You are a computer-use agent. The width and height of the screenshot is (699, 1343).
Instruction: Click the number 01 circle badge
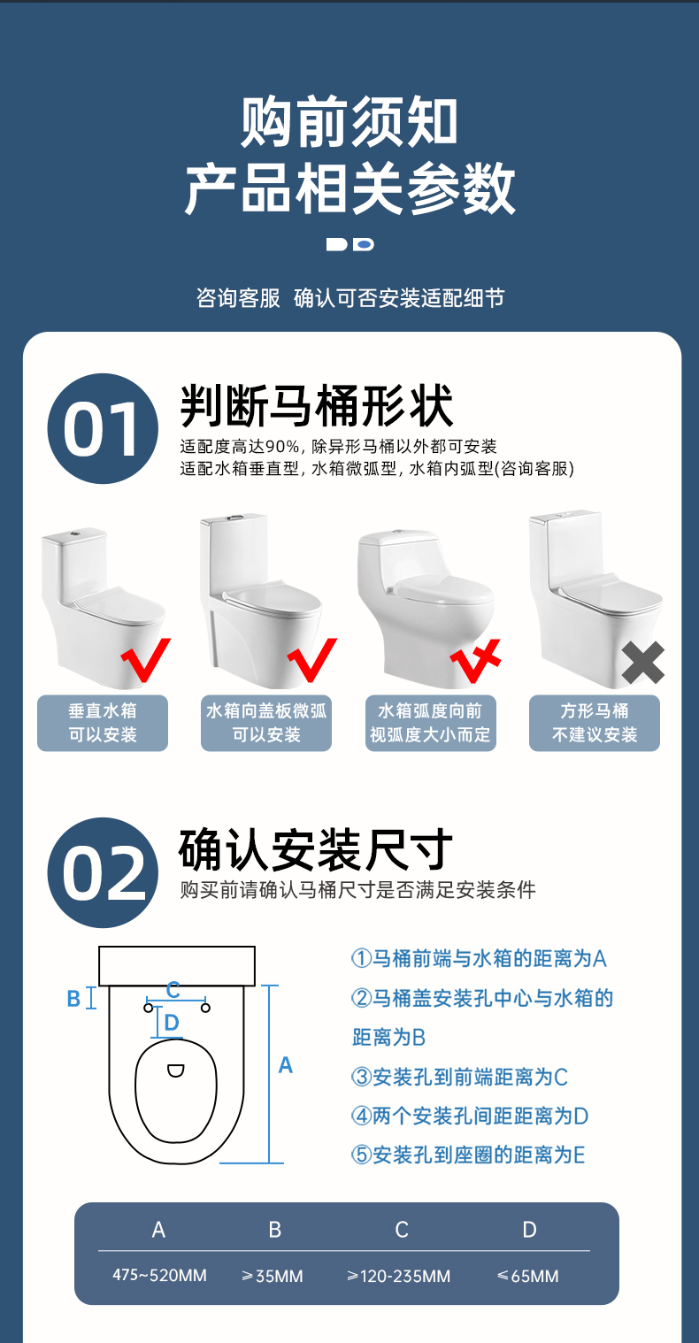103,429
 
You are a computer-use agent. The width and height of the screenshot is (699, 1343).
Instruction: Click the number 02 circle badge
103,872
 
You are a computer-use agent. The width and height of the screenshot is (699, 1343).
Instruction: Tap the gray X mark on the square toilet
642,663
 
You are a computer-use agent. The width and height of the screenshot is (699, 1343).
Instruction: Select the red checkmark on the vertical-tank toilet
146,659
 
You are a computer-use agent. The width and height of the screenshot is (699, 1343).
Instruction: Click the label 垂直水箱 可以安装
103,723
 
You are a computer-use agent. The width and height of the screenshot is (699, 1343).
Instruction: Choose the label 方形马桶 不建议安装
594,723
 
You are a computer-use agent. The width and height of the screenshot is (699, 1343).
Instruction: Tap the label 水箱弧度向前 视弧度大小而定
430,723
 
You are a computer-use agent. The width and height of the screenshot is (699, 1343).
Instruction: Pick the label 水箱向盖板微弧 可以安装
266,723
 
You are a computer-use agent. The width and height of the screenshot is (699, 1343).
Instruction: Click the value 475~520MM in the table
159,1275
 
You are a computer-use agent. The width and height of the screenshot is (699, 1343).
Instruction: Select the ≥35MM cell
273,1276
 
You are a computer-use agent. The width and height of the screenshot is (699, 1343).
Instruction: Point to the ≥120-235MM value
399,1276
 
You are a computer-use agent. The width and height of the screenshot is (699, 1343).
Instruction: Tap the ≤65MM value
528,1276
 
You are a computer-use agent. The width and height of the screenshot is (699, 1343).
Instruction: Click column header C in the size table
402,1230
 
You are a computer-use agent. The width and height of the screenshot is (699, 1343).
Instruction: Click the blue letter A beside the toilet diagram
286,1065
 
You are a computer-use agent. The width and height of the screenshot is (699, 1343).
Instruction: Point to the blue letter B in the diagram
73,999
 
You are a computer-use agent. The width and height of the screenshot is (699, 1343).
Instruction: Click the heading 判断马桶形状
317,406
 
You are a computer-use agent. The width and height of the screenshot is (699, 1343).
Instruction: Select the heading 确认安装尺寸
315,849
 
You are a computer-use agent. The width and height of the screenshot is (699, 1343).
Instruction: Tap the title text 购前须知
349,122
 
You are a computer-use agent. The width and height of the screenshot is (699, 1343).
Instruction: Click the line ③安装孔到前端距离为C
460,1078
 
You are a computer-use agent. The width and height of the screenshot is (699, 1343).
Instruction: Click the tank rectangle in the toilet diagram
177,966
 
